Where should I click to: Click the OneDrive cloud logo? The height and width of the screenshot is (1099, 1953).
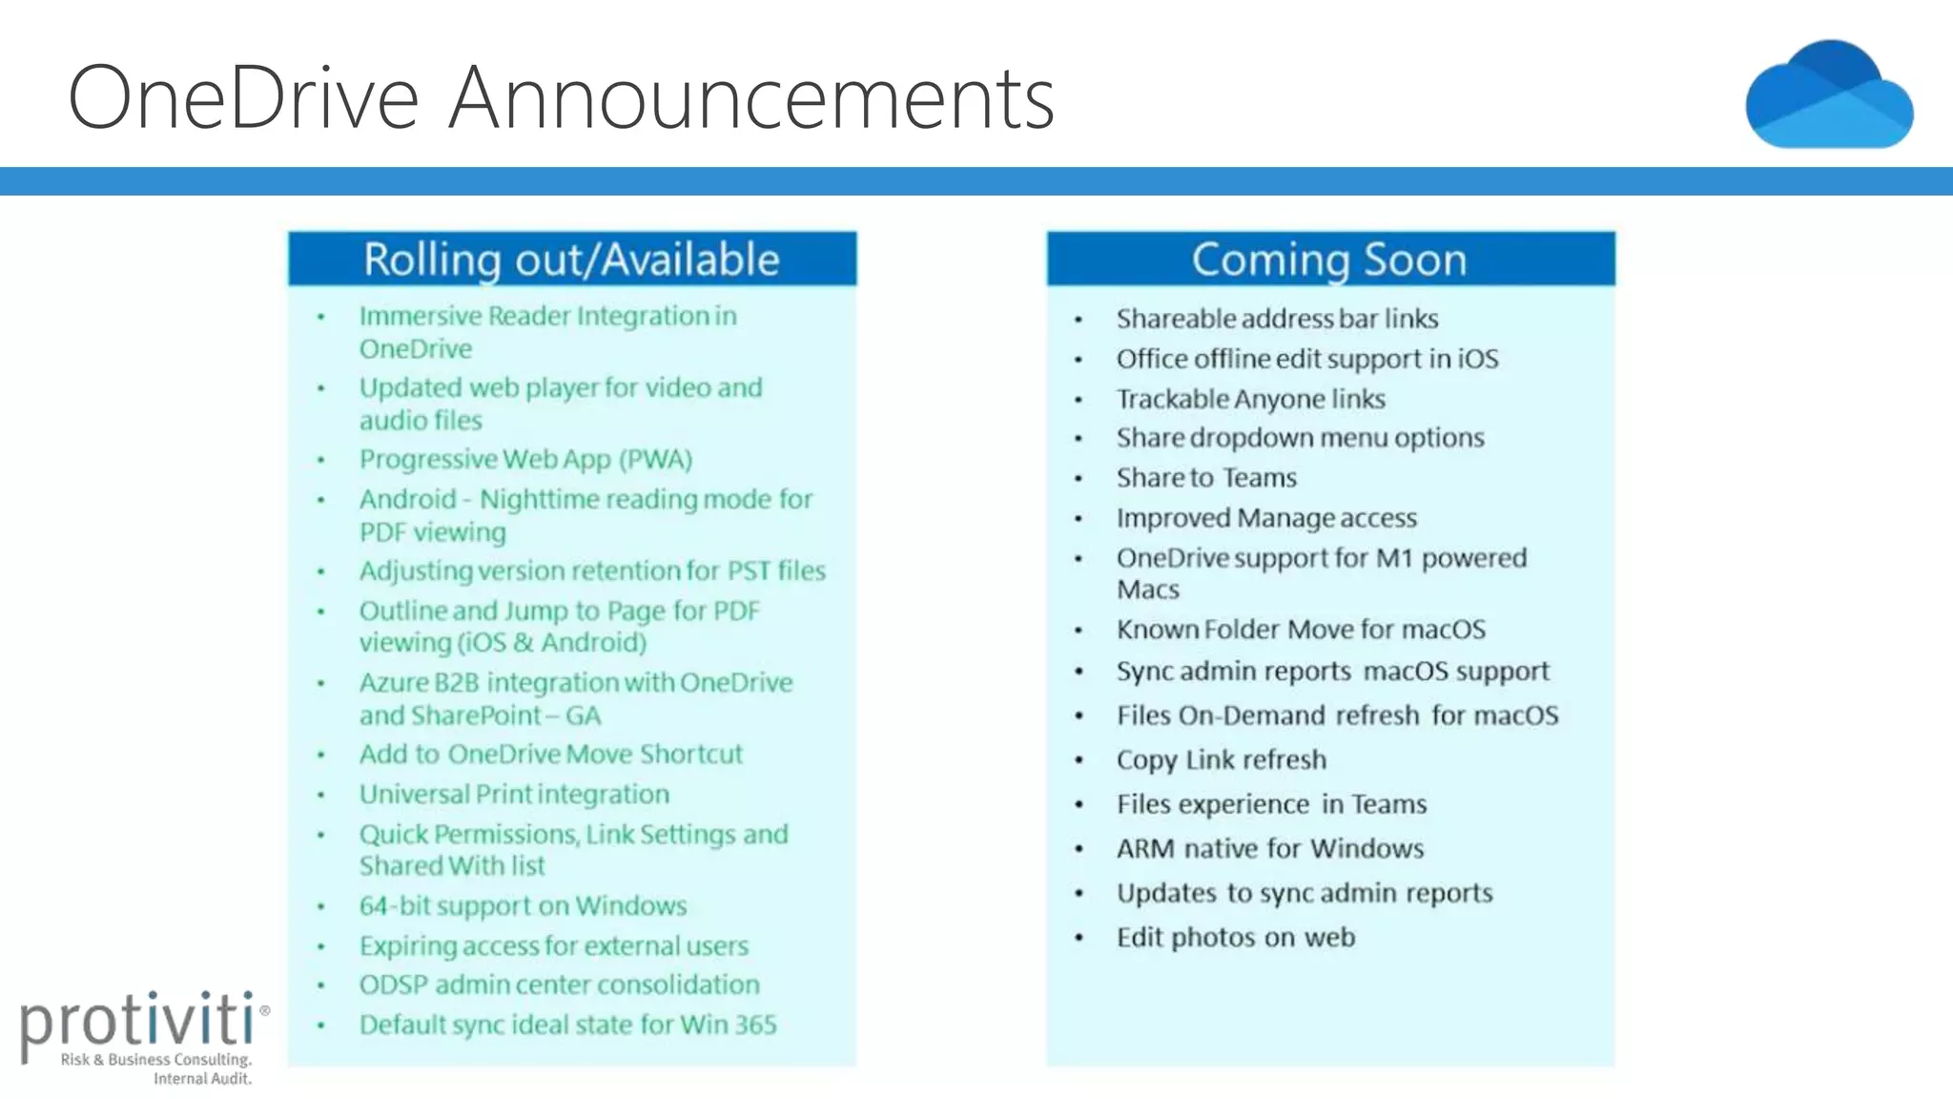click(x=1829, y=95)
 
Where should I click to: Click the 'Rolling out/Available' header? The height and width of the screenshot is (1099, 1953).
click(x=571, y=259)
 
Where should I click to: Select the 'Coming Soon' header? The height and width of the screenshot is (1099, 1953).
click(x=1329, y=259)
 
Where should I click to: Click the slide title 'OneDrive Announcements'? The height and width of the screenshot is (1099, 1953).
click(x=561, y=97)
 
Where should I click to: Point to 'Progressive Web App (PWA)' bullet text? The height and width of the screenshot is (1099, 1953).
click(x=525, y=460)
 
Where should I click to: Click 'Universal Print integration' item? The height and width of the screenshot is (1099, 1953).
click(x=514, y=794)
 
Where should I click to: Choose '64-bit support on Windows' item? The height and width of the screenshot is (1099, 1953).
click(x=523, y=905)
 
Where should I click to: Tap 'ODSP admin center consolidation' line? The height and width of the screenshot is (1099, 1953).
click(x=559, y=985)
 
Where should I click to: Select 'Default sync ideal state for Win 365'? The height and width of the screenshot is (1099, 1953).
click(x=567, y=1025)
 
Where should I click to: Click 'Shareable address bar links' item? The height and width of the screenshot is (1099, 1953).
click(x=1277, y=319)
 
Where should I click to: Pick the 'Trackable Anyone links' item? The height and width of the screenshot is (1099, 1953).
click(x=1250, y=399)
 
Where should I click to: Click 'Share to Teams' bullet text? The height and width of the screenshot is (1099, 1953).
click(x=1206, y=478)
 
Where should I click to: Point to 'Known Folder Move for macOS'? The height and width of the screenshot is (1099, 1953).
click(x=1301, y=630)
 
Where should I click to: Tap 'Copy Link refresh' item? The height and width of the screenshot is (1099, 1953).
click(x=1221, y=760)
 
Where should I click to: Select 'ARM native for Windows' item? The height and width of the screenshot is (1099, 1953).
click(x=1269, y=849)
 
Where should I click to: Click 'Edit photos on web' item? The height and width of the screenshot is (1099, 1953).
click(x=1235, y=938)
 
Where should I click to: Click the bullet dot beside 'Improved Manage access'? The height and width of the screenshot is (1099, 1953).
click(x=1079, y=519)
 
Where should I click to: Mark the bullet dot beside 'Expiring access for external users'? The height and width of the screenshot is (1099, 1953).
click(x=321, y=947)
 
